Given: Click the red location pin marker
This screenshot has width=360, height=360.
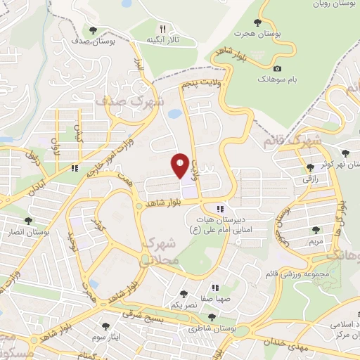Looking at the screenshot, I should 181,166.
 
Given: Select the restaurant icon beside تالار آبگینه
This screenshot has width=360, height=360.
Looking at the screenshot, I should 163,30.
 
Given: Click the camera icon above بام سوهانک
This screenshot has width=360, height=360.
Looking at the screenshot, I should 278,68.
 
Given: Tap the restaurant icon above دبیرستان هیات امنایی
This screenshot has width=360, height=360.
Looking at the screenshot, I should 220,209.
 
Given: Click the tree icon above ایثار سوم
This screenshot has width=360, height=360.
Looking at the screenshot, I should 105,326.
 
